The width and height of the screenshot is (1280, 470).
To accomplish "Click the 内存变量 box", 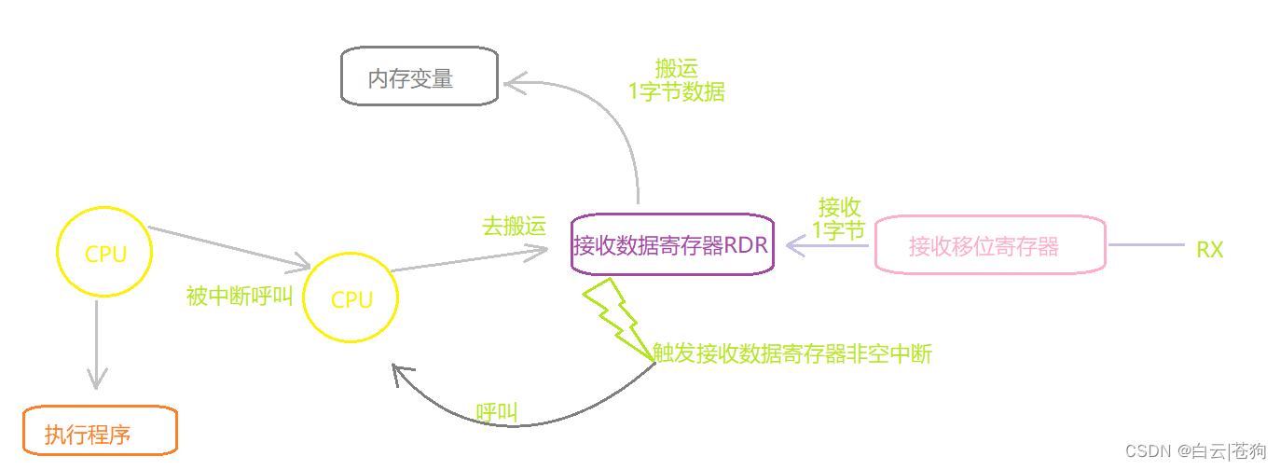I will click(x=420, y=76).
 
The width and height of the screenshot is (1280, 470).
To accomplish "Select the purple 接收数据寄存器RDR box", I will click(x=672, y=246).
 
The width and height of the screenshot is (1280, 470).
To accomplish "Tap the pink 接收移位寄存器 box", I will click(x=989, y=245).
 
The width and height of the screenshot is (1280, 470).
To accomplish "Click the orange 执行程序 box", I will click(x=100, y=432).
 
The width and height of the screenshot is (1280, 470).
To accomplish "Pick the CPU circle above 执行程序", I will click(x=103, y=254).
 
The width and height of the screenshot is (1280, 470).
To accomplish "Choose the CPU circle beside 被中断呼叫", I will click(x=351, y=298).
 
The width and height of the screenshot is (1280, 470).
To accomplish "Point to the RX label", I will click(x=1209, y=249).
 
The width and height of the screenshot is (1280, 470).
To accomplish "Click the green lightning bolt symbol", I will click(x=615, y=319).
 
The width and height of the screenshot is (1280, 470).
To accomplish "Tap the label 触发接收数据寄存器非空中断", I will click(x=793, y=353).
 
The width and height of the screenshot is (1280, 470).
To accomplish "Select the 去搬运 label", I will click(x=514, y=227).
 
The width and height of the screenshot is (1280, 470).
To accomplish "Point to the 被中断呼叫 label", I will click(x=240, y=297).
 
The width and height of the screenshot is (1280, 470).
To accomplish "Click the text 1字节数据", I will click(x=676, y=92).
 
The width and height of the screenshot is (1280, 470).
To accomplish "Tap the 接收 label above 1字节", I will click(x=839, y=207).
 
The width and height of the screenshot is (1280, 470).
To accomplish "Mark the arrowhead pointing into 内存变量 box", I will click(x=514, y=84).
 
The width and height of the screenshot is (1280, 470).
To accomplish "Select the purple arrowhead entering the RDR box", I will click(x=795, y=245).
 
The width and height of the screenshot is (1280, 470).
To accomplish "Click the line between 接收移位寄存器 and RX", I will click(x=1145, y=245).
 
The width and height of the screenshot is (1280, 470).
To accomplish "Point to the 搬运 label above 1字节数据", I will click(x=676, y=68).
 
